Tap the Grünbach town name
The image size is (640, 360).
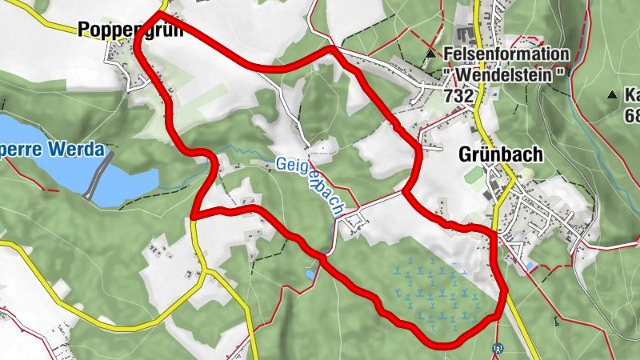(x=501, y=154)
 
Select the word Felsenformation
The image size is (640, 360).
(x=507, y=54)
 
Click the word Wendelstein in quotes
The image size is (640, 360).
(x=506, y=74)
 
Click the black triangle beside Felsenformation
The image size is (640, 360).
(x=431, y=54)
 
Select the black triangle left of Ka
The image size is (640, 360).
(x=613, y=95)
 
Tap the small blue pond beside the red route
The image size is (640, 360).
(x=310, y=274)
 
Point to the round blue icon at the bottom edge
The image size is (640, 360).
(x=498, y=348)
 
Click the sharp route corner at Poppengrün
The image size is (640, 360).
(x=158, y=14)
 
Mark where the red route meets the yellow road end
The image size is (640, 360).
(x=194, y=216)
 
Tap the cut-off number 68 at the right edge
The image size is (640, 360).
(x=632, y=116)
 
